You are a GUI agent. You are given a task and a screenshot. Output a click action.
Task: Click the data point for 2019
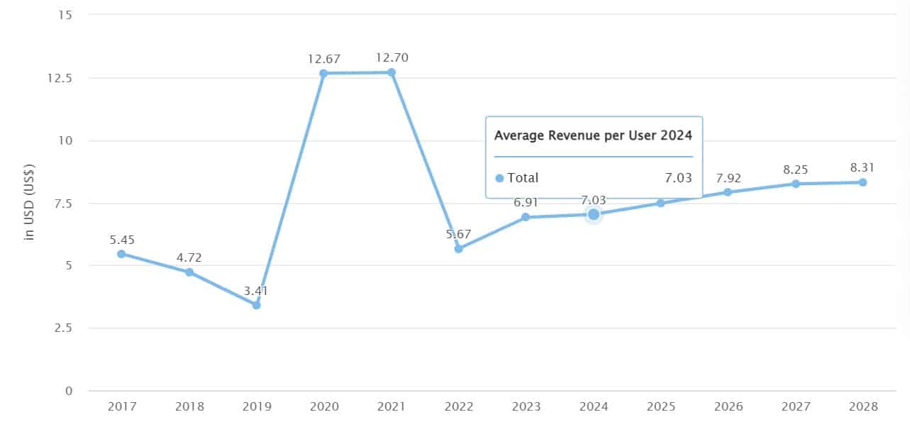point(256,305)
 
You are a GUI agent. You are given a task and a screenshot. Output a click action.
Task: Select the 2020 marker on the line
point(323,73)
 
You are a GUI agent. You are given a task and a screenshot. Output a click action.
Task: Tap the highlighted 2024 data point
point(594,214)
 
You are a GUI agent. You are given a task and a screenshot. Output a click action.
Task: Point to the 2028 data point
point(862,182)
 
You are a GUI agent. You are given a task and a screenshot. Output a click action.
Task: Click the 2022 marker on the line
point(458,249)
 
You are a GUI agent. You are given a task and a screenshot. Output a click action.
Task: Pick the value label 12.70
point(392,57)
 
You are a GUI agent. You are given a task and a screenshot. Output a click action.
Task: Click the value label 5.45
point(121,239)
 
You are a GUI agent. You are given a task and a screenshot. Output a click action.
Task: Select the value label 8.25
point(795,170)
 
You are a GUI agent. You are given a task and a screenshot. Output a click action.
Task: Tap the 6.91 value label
point(526,203)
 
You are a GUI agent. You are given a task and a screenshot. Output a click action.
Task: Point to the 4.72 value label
point(189,257)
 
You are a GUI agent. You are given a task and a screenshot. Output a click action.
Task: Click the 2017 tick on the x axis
point(121,407)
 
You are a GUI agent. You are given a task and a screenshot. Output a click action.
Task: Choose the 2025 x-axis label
point(660,407)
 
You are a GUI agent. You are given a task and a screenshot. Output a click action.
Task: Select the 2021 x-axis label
point(391,407)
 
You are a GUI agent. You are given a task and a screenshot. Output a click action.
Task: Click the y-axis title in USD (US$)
point(30,202)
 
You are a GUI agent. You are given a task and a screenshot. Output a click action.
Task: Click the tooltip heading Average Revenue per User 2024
point(593,135)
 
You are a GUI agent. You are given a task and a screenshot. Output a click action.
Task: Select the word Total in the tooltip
point(523,178)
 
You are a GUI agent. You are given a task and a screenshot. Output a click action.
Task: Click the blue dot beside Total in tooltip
point(499,178)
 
